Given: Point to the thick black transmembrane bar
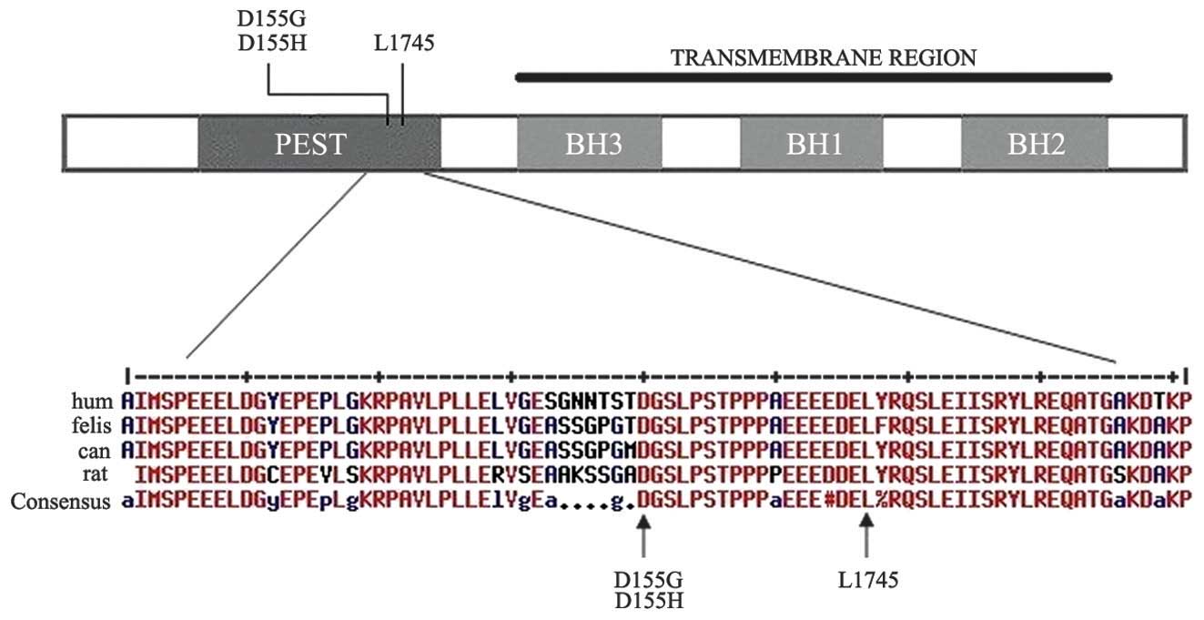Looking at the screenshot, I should (x=813, y=77).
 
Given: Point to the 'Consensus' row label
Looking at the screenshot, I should (x=61, y=499).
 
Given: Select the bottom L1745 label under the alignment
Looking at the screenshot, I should (x=865, y=580).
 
